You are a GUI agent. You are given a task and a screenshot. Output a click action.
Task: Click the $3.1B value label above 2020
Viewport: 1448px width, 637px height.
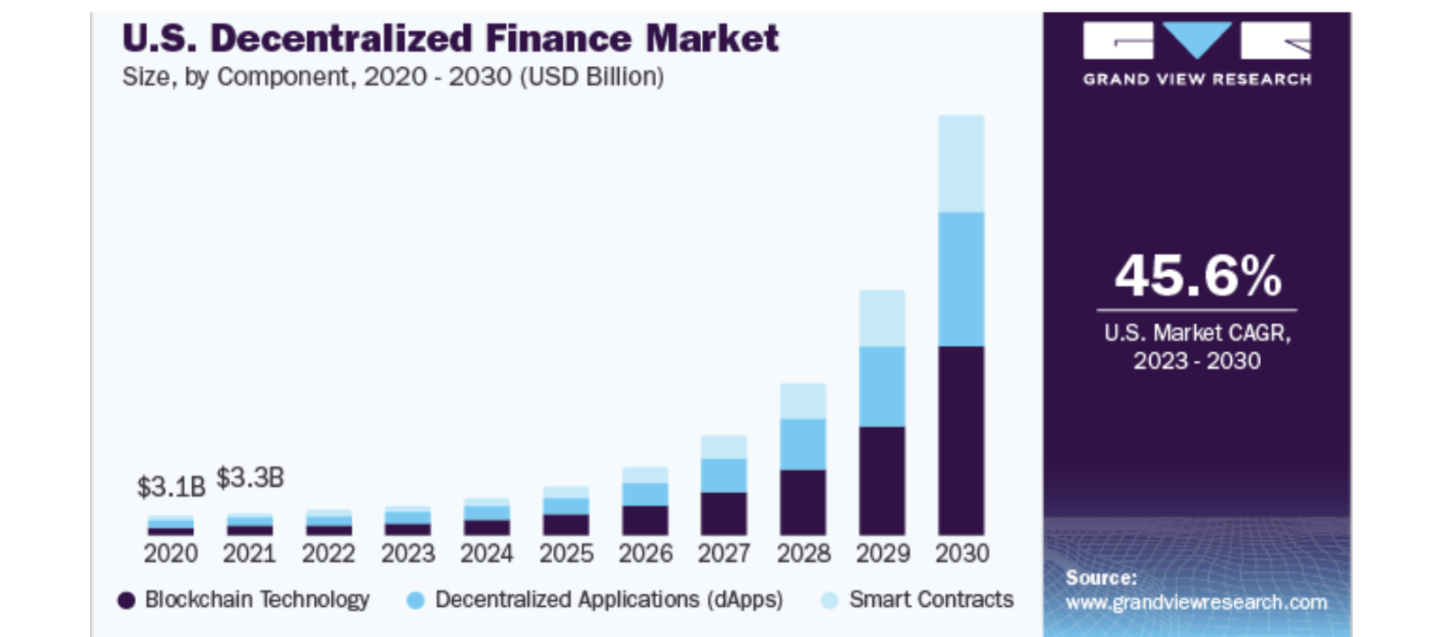(171, 486)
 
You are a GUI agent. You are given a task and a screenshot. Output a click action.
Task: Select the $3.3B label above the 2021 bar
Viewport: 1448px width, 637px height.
(250, 478)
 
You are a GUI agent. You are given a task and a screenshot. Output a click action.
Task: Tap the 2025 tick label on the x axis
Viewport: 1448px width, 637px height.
(566, 554)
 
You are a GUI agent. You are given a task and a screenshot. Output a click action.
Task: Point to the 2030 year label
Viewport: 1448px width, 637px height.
(962, 554)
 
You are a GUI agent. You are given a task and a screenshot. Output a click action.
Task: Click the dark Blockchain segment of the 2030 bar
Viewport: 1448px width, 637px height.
(961, 440)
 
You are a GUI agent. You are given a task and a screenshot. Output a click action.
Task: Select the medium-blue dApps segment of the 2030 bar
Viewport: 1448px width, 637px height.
(961, 279)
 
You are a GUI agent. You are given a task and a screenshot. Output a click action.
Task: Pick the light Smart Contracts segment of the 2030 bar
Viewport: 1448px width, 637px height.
(961, 164)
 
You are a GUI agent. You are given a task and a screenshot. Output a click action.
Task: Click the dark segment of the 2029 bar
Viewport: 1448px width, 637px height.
(882, 481)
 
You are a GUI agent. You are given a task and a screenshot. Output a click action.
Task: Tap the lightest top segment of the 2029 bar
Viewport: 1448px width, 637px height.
(882, 318)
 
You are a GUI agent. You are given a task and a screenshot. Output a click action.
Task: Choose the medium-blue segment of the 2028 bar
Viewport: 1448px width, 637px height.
(802, 444)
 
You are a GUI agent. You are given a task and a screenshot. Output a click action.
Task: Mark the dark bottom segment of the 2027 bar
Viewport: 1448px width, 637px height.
(724, 513)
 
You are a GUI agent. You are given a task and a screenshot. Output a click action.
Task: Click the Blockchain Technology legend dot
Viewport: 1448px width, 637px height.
(127, 601)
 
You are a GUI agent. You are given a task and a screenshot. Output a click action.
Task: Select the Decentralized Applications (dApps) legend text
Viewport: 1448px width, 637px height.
(608, 600)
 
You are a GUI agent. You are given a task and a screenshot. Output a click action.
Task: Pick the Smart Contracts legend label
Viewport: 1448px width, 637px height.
(931, 600)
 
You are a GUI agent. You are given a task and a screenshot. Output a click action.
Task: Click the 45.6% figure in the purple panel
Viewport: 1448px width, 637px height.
(1197, 276)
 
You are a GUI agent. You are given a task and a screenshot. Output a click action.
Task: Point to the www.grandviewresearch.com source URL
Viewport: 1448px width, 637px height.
(1196, 603)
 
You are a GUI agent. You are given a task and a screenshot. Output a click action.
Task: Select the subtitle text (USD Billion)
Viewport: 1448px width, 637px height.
(592, 78)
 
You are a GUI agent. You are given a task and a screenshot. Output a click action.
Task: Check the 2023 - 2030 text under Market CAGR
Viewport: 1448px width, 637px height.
(1197, 361)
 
